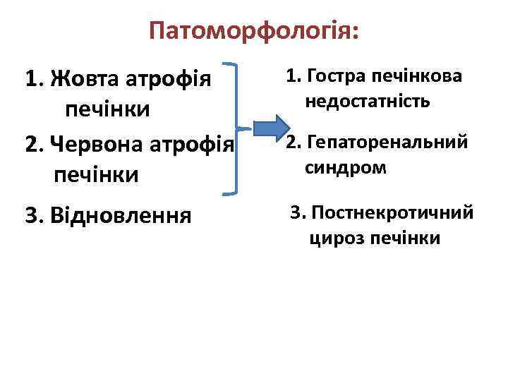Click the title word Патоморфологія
[x=254, y=32]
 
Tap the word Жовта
[x=83, y=78]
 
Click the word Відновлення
[x=121, y=214]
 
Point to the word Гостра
[x=335, y=75]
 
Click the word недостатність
[x=368, y=103]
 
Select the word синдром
[x=346, y=169]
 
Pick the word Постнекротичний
[x=392, y=212]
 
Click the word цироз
[x=335, y=239]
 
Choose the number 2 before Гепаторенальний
[x=291, y=142]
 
